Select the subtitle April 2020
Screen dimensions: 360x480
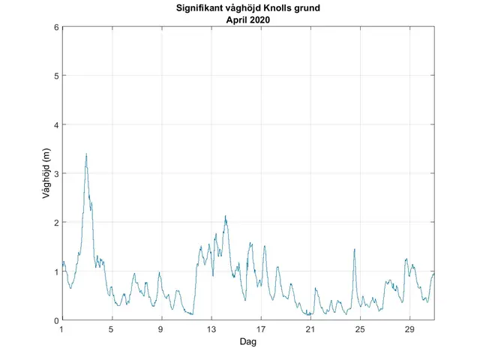248,20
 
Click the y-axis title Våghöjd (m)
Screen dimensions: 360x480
46,174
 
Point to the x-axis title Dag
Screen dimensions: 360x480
248,341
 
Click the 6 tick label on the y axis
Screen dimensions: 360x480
56,27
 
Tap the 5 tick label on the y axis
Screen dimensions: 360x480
56,76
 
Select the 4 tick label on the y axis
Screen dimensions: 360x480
56,124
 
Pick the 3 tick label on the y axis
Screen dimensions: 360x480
56,174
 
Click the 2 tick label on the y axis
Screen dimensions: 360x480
56,223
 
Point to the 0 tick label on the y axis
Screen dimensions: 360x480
56,320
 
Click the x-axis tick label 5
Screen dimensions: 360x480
112,329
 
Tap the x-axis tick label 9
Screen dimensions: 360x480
161,329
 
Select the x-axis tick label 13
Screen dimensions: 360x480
211,329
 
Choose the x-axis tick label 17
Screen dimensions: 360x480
261,329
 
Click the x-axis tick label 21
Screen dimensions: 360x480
310,329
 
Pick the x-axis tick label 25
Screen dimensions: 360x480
361,329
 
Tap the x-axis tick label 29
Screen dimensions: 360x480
410,329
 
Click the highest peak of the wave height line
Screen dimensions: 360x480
86,154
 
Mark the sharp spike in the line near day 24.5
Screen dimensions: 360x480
354,249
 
